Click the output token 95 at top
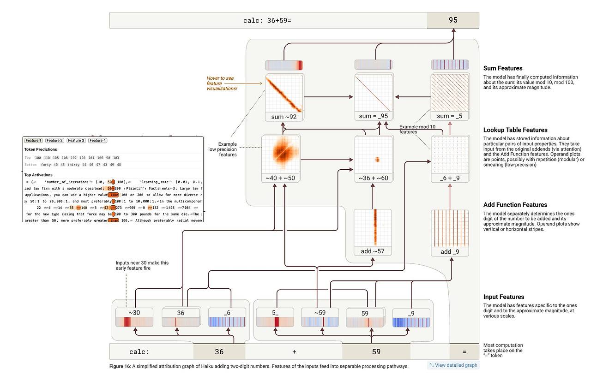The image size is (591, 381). tap(452, 20)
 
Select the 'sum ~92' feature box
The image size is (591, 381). tap(283, 97)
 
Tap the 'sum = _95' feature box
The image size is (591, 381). tap(373, 97)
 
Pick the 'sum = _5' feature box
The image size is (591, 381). tap(449, 97)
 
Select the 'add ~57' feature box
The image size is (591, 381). tap(373, 232)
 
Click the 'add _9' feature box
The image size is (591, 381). tap(449, 232)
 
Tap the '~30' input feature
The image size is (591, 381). tap(134, 318)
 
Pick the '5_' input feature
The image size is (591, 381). tap(275, 318)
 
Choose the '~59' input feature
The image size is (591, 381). tap(320, 318)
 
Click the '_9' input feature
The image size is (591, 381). tap(411, 318)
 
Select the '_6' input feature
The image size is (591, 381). tap(227, 318)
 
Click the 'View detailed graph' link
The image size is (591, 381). tap(453, 365)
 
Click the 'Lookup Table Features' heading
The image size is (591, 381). tap(515, 130)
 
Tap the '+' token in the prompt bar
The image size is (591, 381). tap(294, 352)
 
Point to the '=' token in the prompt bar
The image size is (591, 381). tap(464, 352)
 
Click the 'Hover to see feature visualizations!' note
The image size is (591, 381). tap(222, 83)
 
